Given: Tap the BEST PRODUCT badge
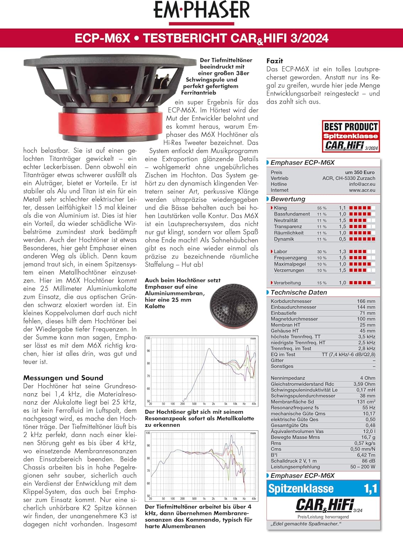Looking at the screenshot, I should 351,136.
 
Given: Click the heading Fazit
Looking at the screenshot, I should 275,61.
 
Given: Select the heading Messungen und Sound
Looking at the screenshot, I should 63,378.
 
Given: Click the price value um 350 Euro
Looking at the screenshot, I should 360,172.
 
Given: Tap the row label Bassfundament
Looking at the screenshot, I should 292,214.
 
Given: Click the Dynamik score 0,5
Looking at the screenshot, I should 342,239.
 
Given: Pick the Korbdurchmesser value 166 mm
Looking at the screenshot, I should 366,301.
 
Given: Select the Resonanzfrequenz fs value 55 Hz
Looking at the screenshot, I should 369,408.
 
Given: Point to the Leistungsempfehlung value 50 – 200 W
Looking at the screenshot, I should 362,467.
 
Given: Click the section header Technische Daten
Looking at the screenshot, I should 299,292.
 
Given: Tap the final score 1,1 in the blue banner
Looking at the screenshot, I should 370,489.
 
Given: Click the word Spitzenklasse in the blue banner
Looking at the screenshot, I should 301,489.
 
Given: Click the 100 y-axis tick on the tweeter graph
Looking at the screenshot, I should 148,338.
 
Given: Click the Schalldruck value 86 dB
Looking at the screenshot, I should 368,461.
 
